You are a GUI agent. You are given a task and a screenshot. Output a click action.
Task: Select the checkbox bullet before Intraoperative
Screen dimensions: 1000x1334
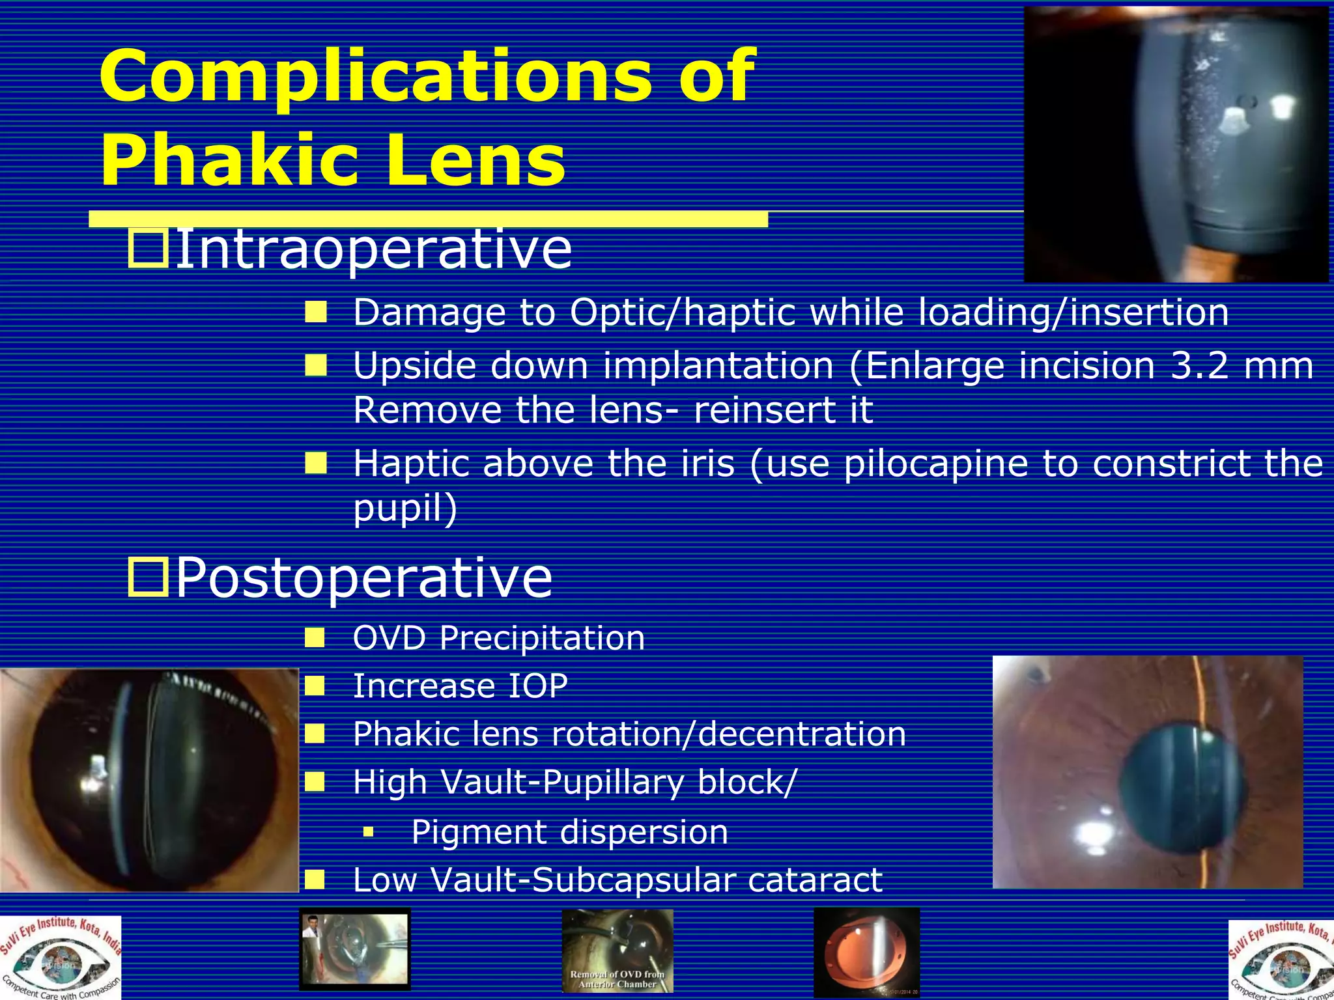pos(148,248)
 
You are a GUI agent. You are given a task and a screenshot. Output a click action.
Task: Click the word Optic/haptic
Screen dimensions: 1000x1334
pos(683,312)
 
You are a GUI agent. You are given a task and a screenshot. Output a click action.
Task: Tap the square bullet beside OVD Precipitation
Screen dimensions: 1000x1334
pos(315,637)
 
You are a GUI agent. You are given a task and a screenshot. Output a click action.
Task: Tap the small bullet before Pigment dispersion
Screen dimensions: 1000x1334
pos(369,831)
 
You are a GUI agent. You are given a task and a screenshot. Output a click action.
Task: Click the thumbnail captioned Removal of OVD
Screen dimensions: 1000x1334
pos(617,951)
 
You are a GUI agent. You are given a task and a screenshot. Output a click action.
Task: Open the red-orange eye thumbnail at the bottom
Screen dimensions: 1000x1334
pos(866,952)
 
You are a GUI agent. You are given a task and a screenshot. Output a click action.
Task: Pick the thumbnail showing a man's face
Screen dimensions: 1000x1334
pos(354,949)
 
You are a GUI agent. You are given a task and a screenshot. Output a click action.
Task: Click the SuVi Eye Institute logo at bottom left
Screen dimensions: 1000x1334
pos(61,958)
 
